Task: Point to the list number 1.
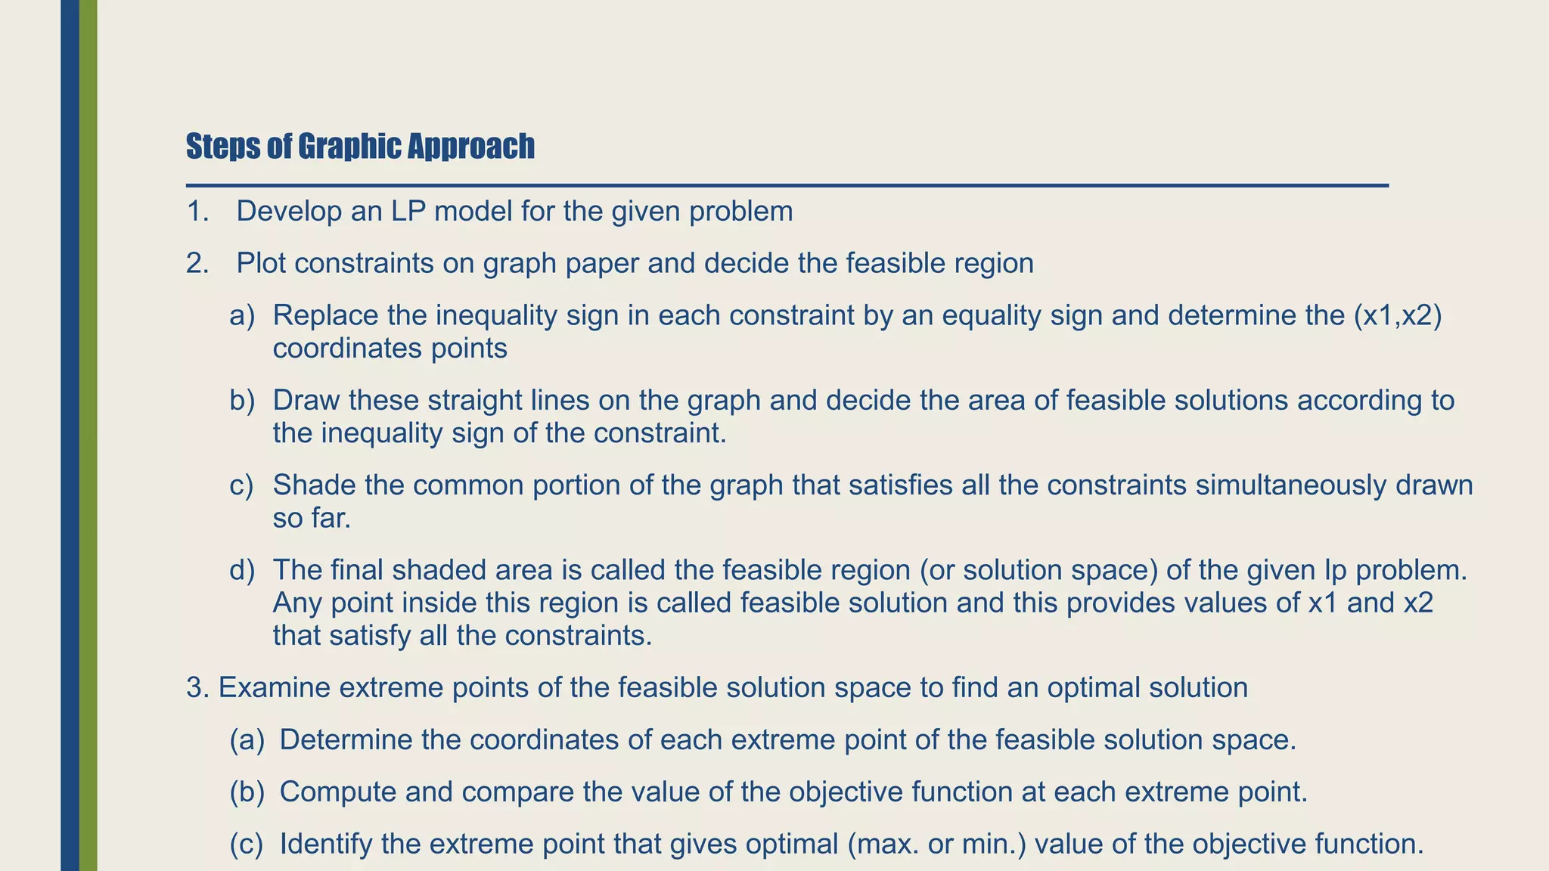coord(197,212)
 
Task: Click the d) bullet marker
coord(242,570)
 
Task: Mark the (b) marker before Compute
coord(247,792)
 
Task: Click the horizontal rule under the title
coord(787,185)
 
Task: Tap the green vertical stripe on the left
coord(88,435)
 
